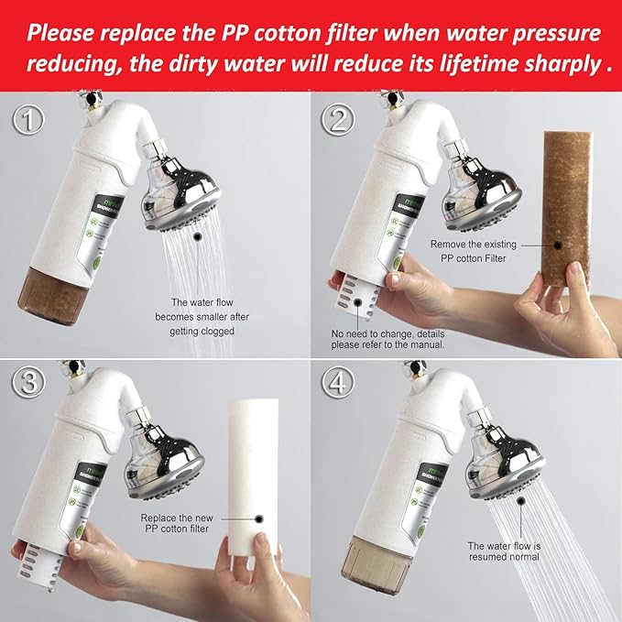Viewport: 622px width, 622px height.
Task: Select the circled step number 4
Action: coord(338,386)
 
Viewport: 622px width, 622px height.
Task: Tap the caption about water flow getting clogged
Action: coord(202,316)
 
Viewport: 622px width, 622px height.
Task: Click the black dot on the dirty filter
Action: coord(558,244)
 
